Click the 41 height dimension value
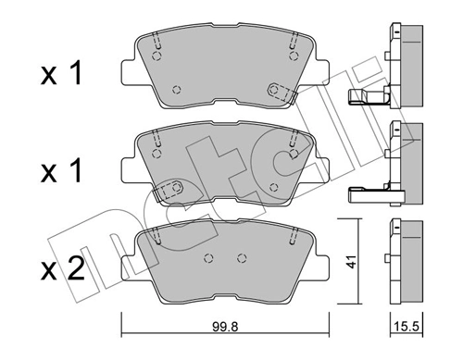coord(349,262)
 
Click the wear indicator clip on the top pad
coord(276,90)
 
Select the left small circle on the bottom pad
coord(206,257)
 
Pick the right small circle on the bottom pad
coord(242,257)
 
